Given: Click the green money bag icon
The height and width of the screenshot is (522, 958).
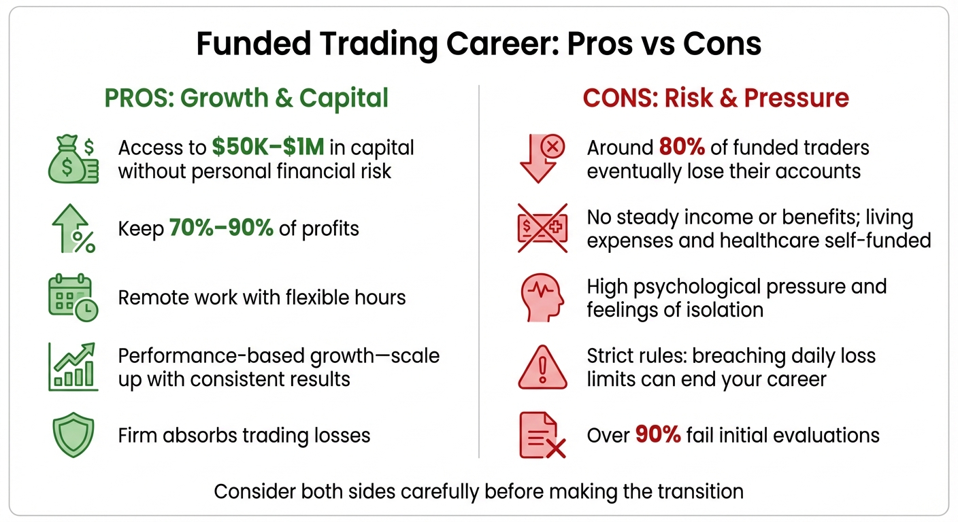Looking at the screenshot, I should tap(73, 159).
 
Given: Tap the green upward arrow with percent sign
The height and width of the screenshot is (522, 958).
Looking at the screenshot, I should tap(73, 228).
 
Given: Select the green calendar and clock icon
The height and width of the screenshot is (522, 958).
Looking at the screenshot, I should tap(73, 297).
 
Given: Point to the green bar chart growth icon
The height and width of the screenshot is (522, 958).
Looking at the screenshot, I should tap(73, 366).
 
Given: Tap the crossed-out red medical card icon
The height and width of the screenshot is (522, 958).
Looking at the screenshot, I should tap(542, 228).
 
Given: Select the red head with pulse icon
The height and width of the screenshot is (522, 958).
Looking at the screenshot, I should tap(542, 297).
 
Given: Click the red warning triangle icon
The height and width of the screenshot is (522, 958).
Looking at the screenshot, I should tap(542, 367).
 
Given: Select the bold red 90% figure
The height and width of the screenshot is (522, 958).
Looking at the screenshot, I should tap(658, 435).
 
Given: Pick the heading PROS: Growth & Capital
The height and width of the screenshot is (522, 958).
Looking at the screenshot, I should tap(246, 98).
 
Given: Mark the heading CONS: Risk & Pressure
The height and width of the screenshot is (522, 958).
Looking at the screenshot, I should tap(716, 98).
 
